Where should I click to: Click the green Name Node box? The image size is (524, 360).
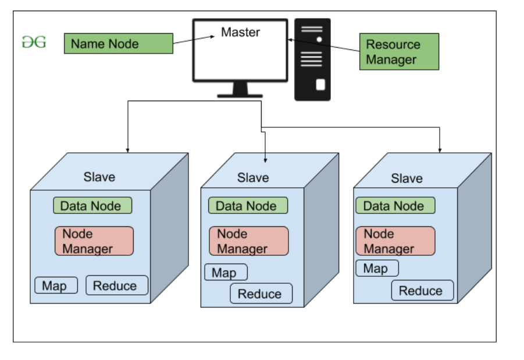118,44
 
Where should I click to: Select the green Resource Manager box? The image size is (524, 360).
398,52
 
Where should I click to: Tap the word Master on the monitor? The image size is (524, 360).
240,32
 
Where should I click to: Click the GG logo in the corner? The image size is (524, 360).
34,42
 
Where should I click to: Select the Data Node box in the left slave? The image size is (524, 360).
92,206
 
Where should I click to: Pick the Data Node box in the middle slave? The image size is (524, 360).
248,206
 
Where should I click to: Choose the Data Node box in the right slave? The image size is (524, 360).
395,206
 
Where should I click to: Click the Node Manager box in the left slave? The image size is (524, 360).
94,241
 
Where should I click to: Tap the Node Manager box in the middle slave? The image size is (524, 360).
249,241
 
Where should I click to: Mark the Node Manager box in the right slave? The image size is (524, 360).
395,241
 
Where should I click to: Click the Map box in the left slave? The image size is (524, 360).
56,286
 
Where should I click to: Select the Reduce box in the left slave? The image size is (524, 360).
117,286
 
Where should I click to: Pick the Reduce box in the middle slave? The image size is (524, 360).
261,294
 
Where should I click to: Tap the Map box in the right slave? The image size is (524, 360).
377,268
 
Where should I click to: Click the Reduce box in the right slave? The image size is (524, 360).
422,291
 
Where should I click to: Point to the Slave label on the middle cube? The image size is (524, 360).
253,177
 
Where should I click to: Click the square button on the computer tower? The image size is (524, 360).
320,85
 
